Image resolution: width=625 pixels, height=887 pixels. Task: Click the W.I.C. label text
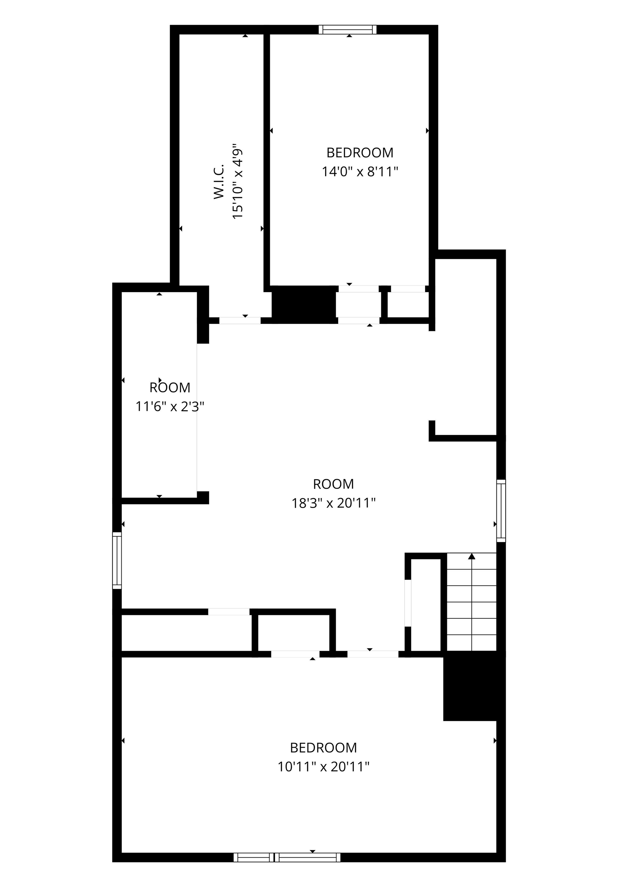coord(219,182)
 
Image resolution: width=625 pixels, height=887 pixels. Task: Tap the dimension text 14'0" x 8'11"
coord(360,172)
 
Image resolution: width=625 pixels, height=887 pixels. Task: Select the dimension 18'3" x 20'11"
coord(333,503)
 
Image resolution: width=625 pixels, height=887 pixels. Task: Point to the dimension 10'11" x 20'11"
coord(323,767)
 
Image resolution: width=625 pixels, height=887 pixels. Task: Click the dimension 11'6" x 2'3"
coord(170,407)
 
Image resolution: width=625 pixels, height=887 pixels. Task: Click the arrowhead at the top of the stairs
coord(472,556)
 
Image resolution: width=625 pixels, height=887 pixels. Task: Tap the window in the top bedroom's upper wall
coord(347,30)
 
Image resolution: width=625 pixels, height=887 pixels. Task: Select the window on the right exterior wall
coord(501,511)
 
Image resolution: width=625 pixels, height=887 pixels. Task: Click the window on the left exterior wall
coord(117,561)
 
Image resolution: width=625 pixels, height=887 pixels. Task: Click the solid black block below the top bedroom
coord(304,305)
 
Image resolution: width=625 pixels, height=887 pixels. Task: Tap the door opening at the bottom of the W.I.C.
coord(240,320)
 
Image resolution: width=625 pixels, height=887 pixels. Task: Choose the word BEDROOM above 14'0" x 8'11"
coord(360,153)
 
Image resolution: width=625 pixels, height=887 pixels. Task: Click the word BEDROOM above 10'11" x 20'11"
coord(323,748)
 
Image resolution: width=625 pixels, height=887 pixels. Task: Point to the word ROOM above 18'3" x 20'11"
coord(333,484)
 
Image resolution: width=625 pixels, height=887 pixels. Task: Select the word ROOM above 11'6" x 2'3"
coord(170,387)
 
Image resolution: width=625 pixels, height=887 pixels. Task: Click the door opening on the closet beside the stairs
coord(408,603)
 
